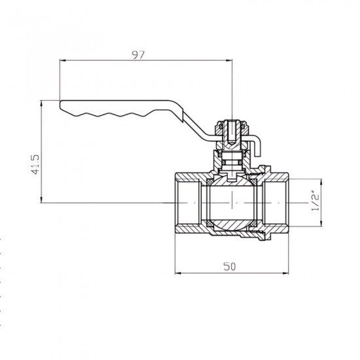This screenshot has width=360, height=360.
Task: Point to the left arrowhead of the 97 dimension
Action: click(63, 61)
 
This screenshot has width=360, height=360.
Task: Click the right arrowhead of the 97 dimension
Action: click(230, 61)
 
